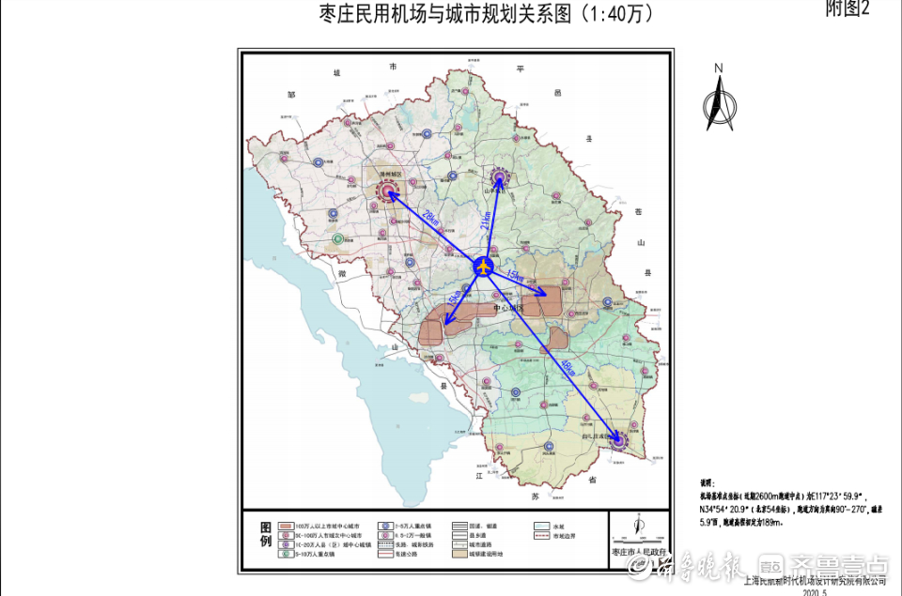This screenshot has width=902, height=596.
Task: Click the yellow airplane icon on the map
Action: [x=483, y=267]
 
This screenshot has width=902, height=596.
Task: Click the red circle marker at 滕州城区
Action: [x=388, y=191]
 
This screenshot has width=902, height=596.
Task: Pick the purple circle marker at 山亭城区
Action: [x=500, y=176]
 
